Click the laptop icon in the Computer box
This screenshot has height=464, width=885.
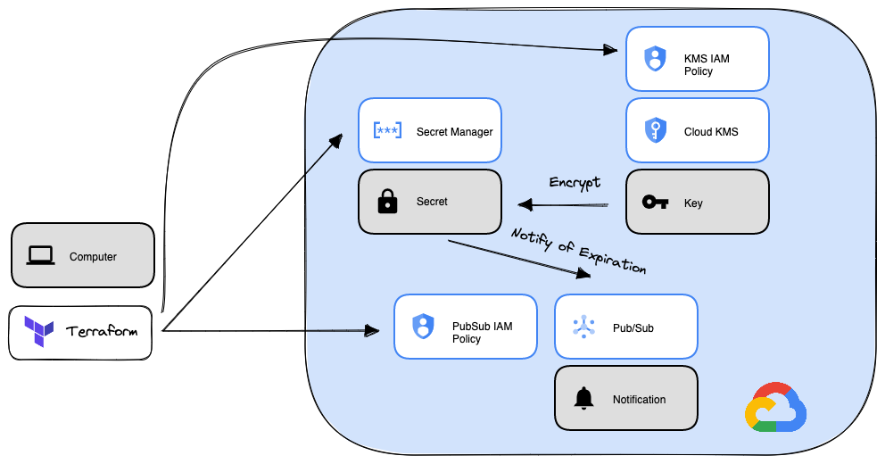(x=41, y=256)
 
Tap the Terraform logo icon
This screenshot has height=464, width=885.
(x=39, y=332)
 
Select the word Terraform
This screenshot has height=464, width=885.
(x=101, y=332)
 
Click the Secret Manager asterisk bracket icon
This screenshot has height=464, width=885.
(x=387, y=131)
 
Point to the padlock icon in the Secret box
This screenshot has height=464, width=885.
(x=387, y=203)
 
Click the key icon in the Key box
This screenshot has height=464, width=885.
(x=655, y=203)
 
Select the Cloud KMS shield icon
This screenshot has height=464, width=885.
(x=655, y=131)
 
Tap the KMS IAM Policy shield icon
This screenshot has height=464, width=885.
(x=655, y=59)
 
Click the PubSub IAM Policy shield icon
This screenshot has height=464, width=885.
(x=423, y=327)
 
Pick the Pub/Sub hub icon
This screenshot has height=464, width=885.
(x=583, y=327)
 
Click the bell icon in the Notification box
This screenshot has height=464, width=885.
(x=583, y=399)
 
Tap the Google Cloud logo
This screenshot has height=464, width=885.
(x=775, y=408)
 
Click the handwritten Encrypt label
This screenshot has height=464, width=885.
(x=574, y=182)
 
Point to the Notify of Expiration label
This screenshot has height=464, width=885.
(x=578, y=251)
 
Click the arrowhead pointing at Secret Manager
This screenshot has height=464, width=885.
(x=337, y=139)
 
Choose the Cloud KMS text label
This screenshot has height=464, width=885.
(x=711, y=132)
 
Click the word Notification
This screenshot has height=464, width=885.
(x=639, y=400)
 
